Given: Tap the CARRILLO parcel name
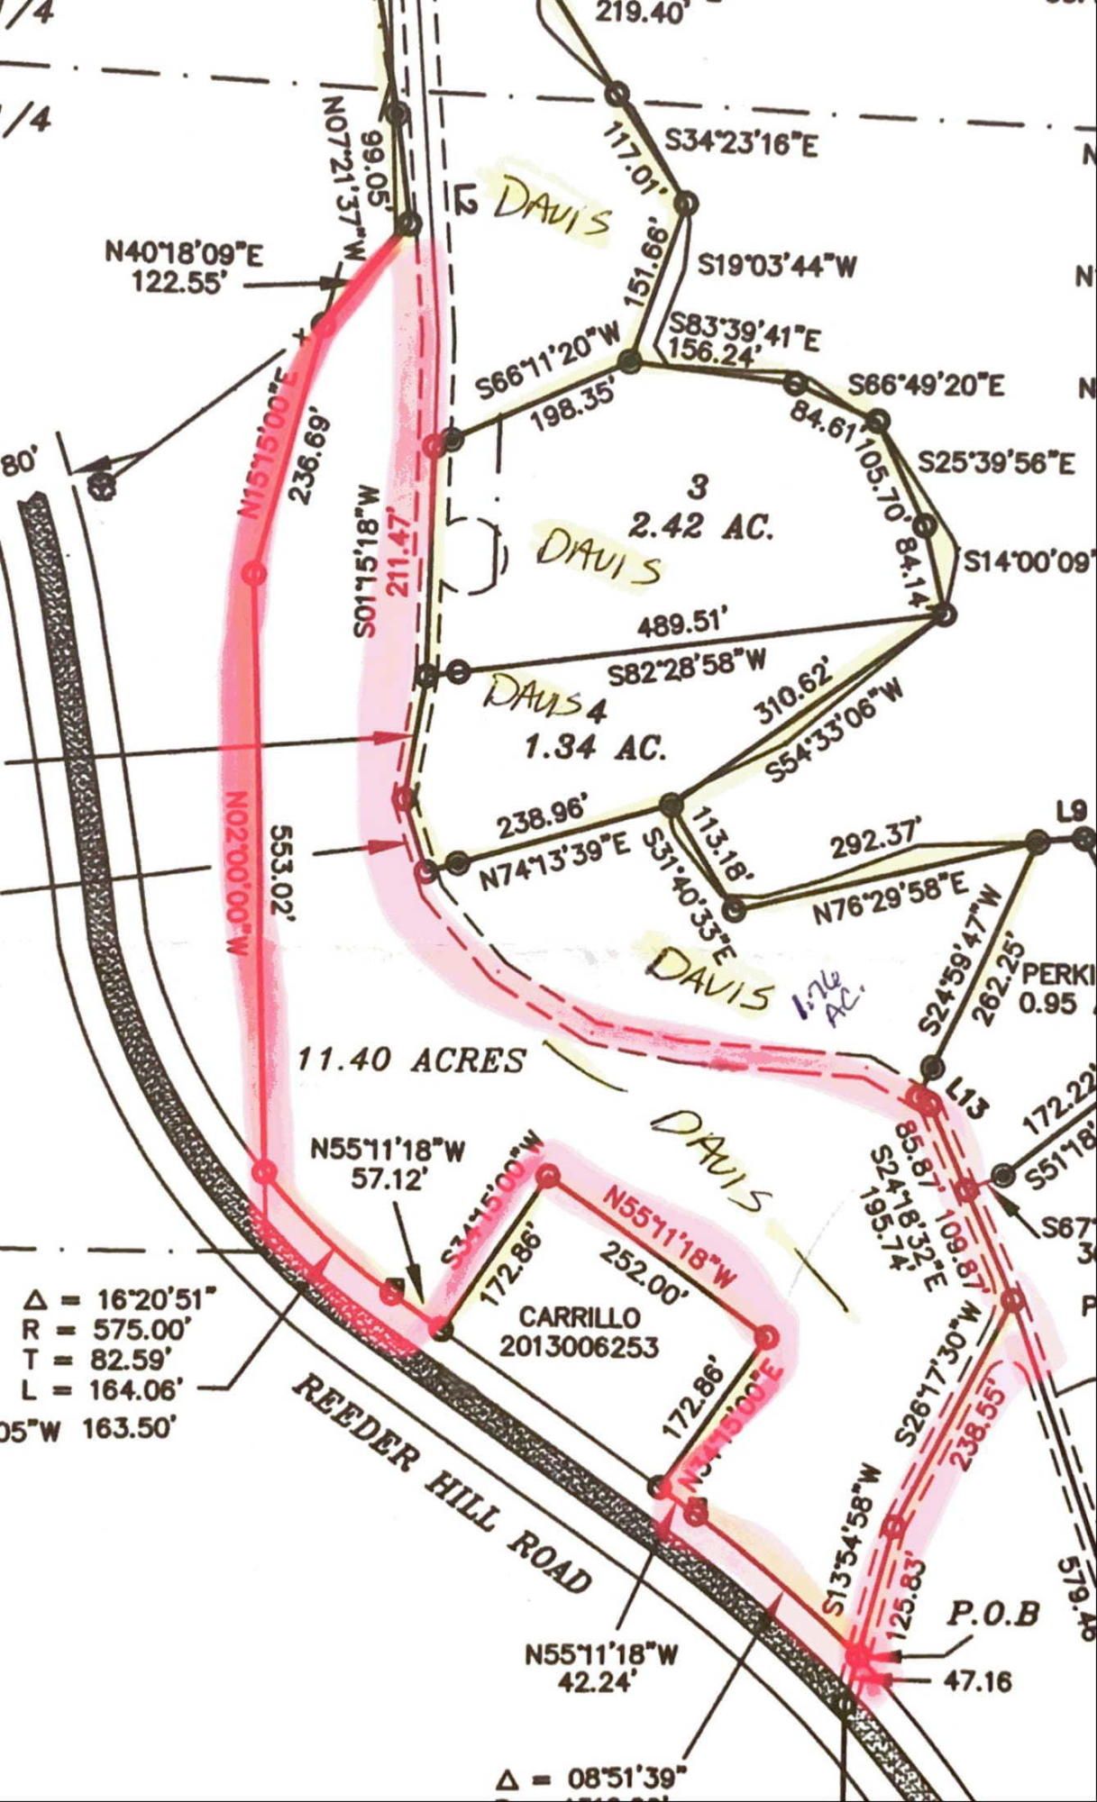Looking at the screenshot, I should coord(567,1317).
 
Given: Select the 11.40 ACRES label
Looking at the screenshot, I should coord(411,1060).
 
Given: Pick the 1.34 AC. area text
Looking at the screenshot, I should coord(594,747).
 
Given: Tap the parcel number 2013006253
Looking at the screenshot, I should coord(579,1347).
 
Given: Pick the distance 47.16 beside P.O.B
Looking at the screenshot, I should coord(976,1681).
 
